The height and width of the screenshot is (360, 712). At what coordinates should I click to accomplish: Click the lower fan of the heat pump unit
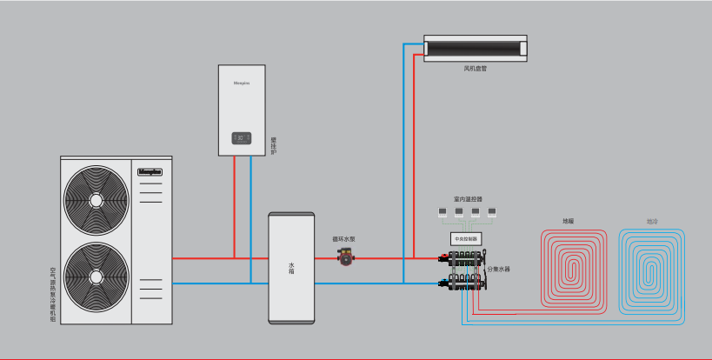(x=95, y=277)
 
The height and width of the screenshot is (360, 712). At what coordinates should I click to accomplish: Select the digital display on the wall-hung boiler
(x=242, y=137)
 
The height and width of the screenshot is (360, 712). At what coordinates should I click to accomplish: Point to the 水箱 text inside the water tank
(x=290, y=268)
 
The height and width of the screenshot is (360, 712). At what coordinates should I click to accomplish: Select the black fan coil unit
(x=476, y=47)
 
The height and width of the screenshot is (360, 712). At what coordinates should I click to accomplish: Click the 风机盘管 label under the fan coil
(x=475, y=68)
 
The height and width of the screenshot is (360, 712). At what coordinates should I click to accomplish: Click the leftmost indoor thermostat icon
(x=443, y=211)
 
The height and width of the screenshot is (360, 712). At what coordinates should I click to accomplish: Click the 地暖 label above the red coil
(x=568, y=222)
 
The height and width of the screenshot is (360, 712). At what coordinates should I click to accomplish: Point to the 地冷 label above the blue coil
(x=651, y=222)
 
